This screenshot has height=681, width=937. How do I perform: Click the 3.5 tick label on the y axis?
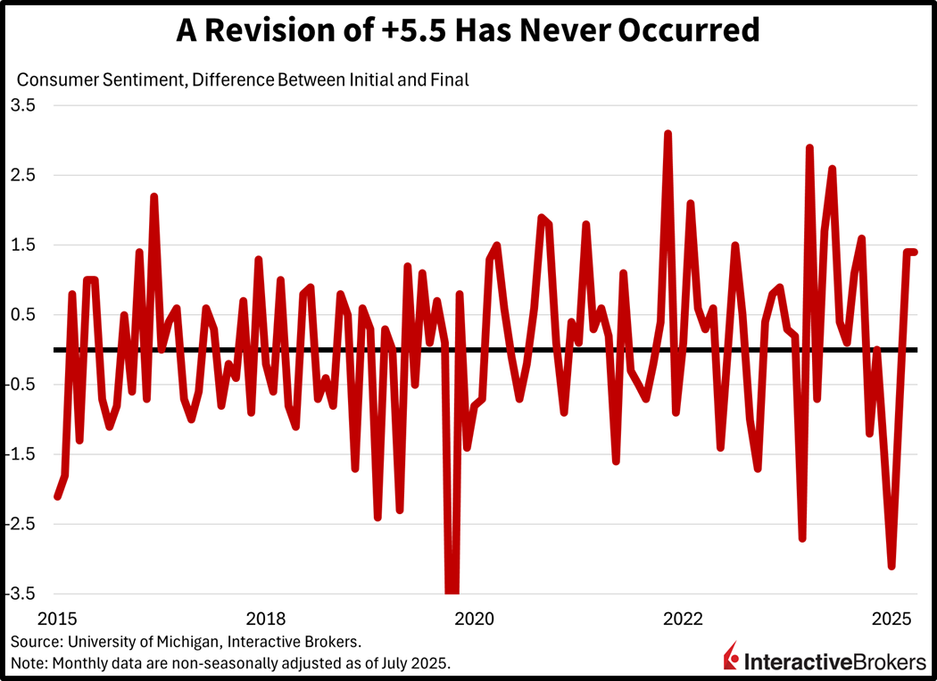(23, 105)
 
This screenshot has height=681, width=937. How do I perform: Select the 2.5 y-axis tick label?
(23, 175)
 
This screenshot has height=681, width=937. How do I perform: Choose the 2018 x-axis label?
(265, 619)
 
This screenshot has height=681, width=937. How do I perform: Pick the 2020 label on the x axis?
(474, 619)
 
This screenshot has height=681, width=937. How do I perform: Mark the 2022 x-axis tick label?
(683, 619)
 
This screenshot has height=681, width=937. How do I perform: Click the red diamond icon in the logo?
(732, 659)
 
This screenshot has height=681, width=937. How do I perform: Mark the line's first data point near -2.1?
(57, 496)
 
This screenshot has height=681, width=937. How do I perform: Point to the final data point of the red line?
(914, 252)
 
